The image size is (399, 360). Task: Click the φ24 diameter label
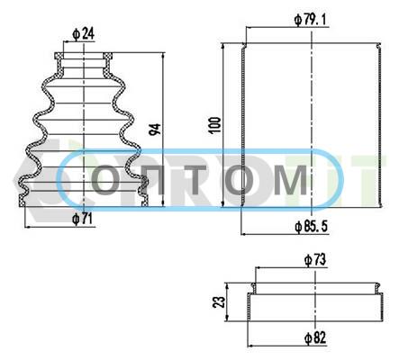[x=83, y=34]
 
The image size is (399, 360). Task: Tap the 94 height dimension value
[x=155, y=129]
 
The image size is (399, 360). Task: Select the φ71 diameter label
[x=82, y=219]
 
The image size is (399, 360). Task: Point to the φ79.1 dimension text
[x=311, y=20]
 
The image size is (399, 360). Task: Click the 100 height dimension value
[x=215, y=125]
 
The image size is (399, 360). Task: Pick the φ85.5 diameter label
[x=312, y=227]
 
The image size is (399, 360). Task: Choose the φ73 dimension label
[x=315, y=260]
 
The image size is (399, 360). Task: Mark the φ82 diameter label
[x=315, y=338]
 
